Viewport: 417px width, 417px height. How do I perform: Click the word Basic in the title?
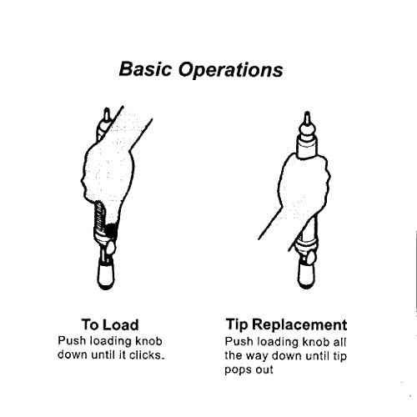145,69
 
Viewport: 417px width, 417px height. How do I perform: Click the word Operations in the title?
230,70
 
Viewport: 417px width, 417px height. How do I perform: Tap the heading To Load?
110,324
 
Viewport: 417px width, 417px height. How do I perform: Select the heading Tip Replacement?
286,324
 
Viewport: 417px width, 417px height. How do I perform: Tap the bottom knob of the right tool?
306,274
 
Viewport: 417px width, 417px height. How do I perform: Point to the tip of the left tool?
106,109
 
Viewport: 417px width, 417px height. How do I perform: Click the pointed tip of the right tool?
307,113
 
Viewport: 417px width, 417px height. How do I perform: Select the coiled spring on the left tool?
99,216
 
